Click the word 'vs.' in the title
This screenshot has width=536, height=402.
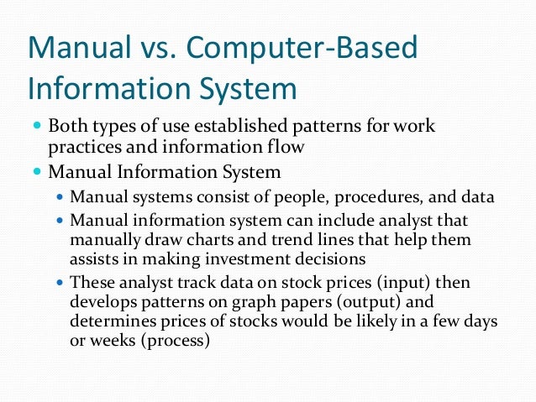(x=150, y=50)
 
